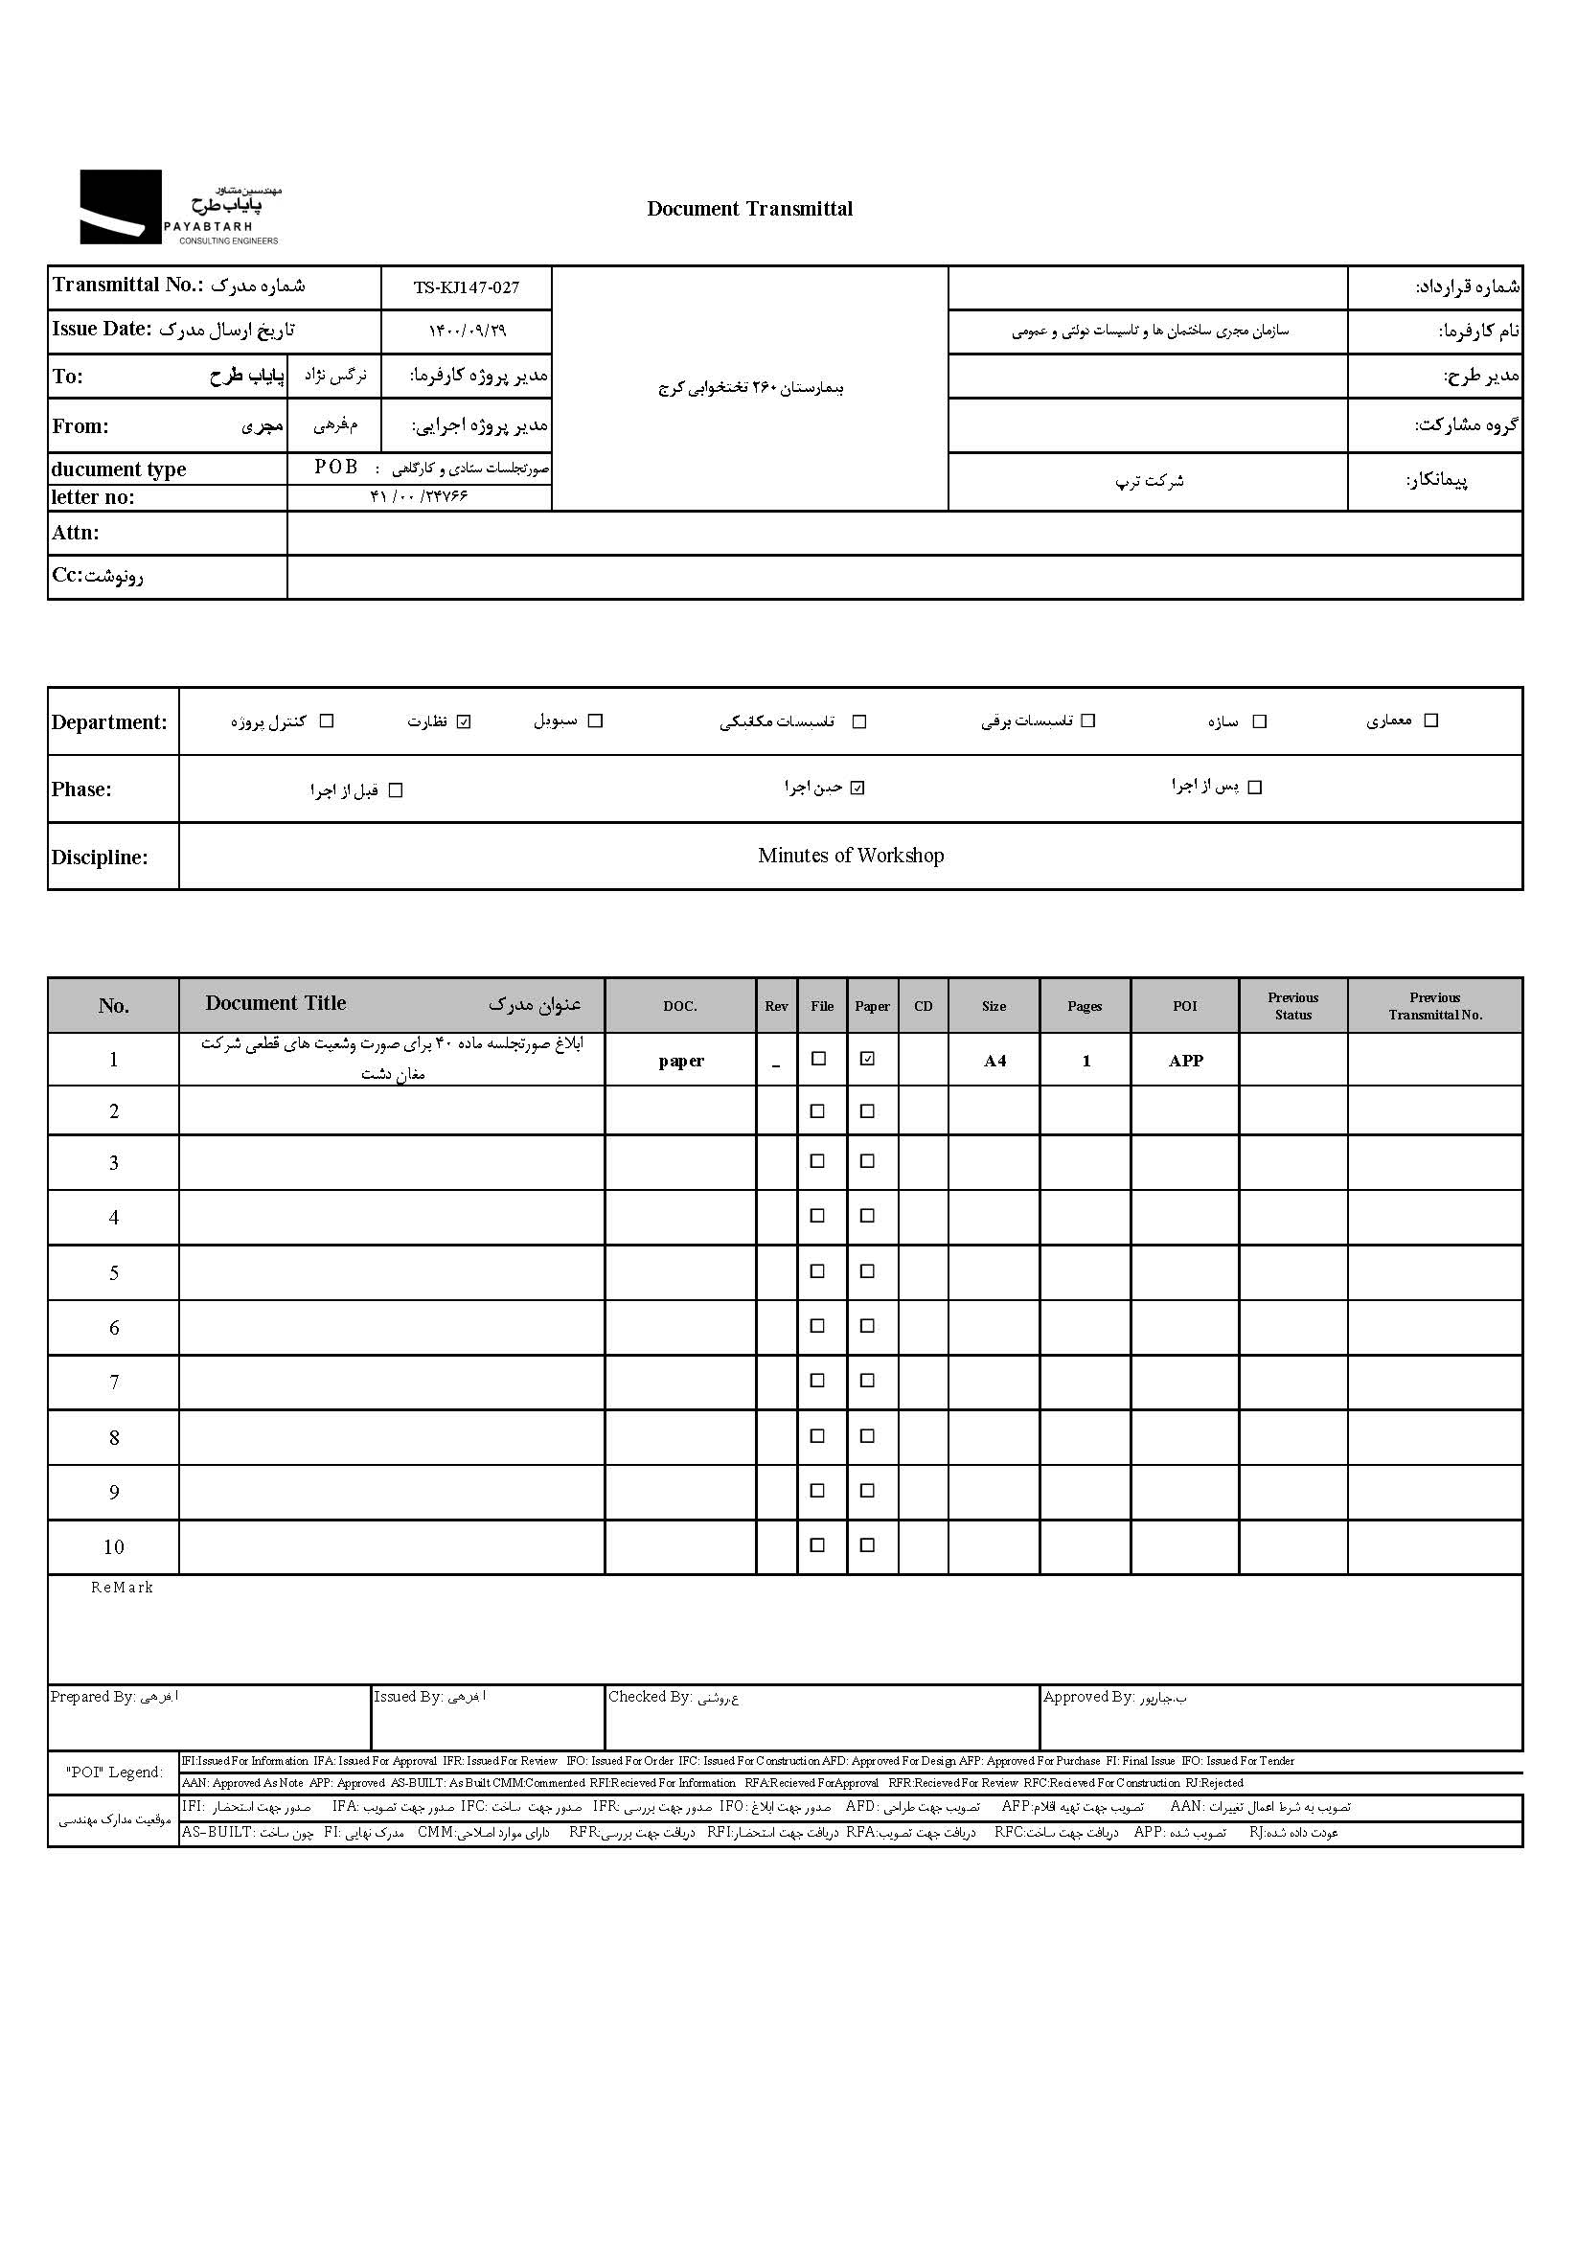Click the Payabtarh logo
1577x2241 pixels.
click(x=180, y=207)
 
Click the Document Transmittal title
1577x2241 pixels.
click(x=749, y=209)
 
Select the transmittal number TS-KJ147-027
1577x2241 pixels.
click(x=466, y=288)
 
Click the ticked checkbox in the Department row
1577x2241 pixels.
click(x=465, y=722)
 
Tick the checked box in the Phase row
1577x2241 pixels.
click(x=857, y=789)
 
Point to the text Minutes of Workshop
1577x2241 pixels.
click(x=850, y=856)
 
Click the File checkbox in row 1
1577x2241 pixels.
click(x=819, y=1059)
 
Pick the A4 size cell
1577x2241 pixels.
click(x=994, y=1061)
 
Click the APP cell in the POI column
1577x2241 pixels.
click(x=1186, y=1061)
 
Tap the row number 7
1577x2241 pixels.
click(x=114, y=1383)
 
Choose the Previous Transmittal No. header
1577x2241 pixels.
click(x=1434, y=1006)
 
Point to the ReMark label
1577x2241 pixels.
click(x=122, y=1588)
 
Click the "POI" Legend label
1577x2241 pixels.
click(x=114, y=1772)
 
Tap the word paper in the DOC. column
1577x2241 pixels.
click(x=681, y=1061)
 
